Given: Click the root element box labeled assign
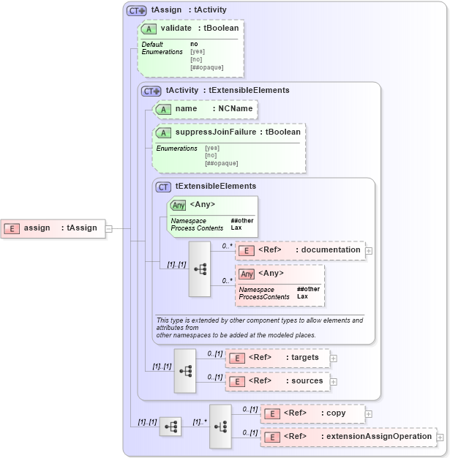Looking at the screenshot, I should [x=52, y=228].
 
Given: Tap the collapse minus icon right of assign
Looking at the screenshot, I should [x=108, y=228].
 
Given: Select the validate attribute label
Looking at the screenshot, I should [x=176, y=28].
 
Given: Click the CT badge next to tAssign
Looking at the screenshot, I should [x=136, y=10].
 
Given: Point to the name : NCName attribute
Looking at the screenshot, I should [x=205, y=109].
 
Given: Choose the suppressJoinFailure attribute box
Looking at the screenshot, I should [x=229, y=132].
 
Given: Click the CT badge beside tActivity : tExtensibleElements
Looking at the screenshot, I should [x=151, y=91].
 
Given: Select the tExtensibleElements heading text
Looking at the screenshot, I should [x=215, y=187].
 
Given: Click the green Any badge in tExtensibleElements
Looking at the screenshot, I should [x=178, y=205].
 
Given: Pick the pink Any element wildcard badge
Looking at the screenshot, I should [x=247, y=274].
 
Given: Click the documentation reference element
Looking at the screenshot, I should [x=300, y=250].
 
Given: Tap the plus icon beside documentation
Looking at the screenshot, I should [x=369, y=251].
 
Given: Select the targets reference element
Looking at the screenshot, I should [x=277, y=358].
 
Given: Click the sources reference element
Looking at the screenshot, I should [x=277, y=381].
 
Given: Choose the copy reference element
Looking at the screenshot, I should [x=312, y=413].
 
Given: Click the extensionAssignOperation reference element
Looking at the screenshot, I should [x=348, y=437].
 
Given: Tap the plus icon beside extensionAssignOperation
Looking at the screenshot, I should [x=440, y=438].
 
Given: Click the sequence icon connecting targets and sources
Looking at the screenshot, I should [x=185, y=370].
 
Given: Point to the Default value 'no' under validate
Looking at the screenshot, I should [x=194, y=44].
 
